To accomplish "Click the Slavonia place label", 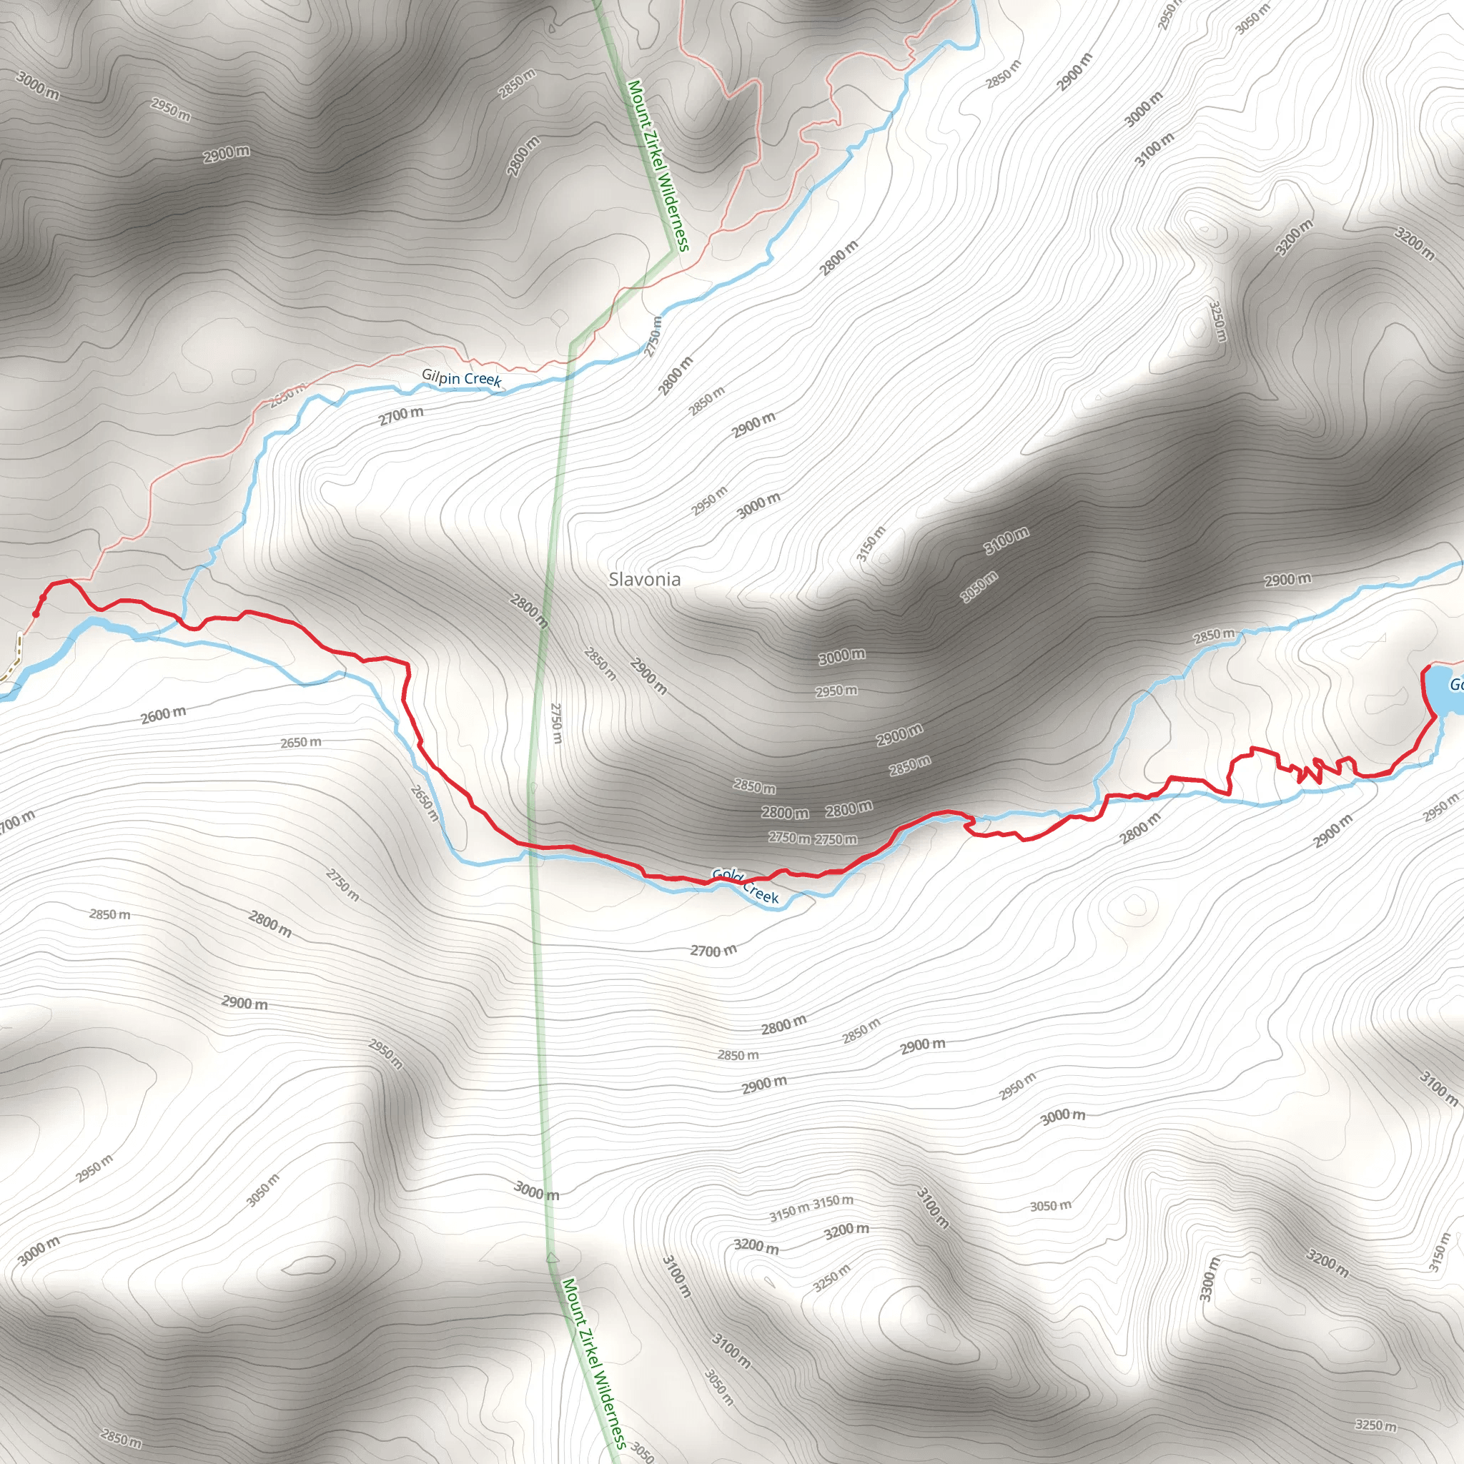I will [x=644, y=580].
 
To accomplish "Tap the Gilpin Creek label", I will [x=461, y=377].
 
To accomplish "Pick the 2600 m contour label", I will [x=163, y=715].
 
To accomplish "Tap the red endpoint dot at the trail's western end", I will [x=36, y=614].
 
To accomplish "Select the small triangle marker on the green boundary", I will [x=552, y=1259].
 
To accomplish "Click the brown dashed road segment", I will [x=14, y=659].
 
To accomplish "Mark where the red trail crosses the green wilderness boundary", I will [x=530, y=845].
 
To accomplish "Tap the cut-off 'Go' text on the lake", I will [x=1455, y=685].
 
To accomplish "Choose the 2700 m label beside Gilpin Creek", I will [x=401, y=415].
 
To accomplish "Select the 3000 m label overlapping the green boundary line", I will [x=537, y=1190].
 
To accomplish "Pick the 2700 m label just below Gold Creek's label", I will [x=712, y=951].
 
